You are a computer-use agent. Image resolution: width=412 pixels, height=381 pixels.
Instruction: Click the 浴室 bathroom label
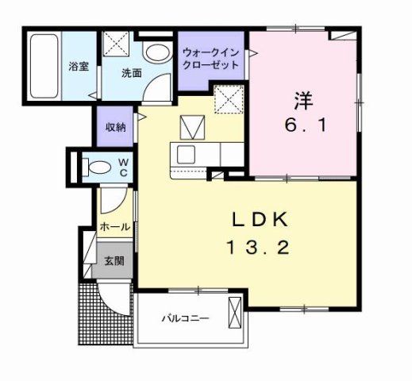(x=77, y=67)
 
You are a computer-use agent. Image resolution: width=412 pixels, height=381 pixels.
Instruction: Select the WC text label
(x=124, y=167)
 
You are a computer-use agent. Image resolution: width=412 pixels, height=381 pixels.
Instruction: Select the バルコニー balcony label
(x=185, y=318)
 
